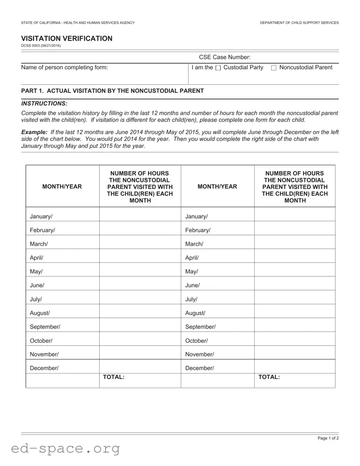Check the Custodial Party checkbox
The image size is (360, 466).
point(218,68)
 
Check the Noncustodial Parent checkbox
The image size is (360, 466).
point(274,68)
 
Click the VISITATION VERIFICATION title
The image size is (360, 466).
point(67,38)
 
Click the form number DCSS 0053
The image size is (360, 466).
point(41,46)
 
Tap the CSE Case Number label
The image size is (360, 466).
point(224,57)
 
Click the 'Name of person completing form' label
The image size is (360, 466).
point(65,67)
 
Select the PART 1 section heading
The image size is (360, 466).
point(112,91)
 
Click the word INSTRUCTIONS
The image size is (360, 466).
point(44,104)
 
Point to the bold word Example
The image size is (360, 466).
point(34,132)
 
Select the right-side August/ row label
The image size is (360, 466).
point(195,313)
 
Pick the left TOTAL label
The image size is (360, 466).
point(113,377)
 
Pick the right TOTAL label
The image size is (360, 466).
point(269,377)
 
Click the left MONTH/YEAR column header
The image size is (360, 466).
point(62,187)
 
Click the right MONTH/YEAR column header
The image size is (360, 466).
point(217,187)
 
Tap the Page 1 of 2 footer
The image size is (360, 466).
point(328,438)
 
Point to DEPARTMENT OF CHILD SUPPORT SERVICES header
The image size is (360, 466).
point(299,23)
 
